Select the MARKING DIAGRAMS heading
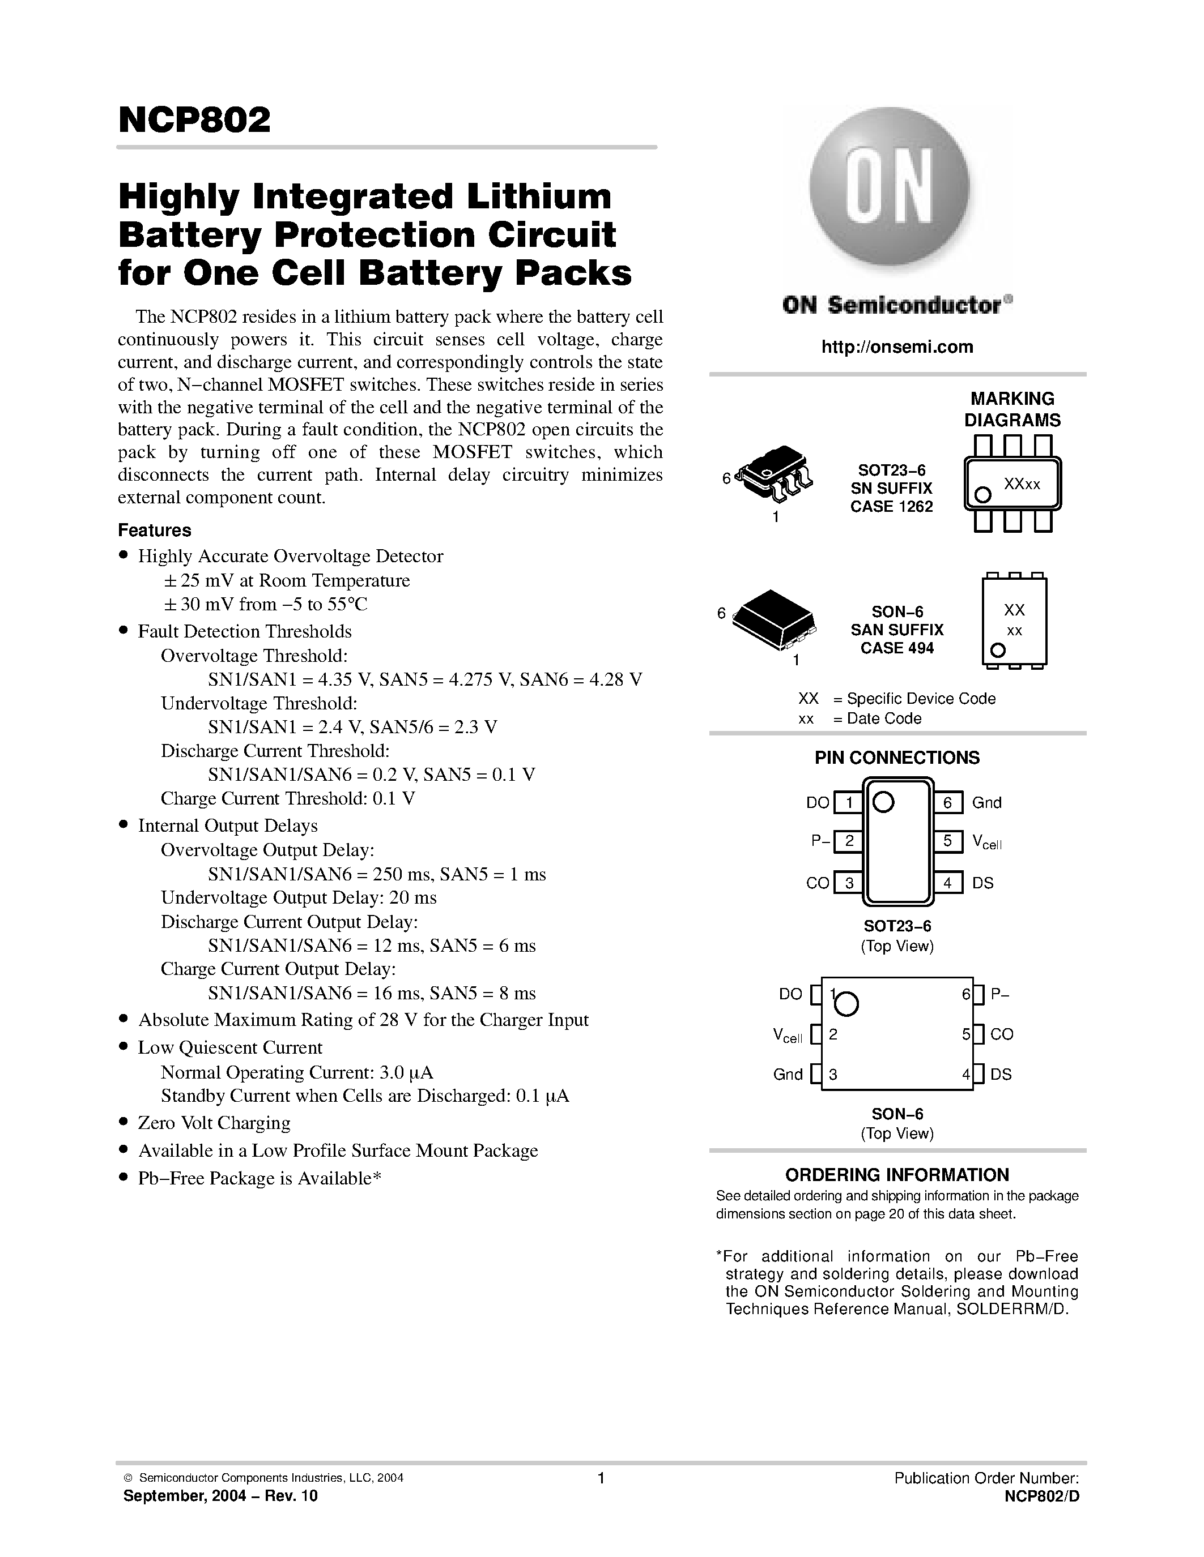point(1011,409)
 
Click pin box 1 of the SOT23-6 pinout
point(848,803)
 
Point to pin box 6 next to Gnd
point(947,803)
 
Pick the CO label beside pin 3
point(818,883)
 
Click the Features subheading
point(154,531)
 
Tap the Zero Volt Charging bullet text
point(214,1123)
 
